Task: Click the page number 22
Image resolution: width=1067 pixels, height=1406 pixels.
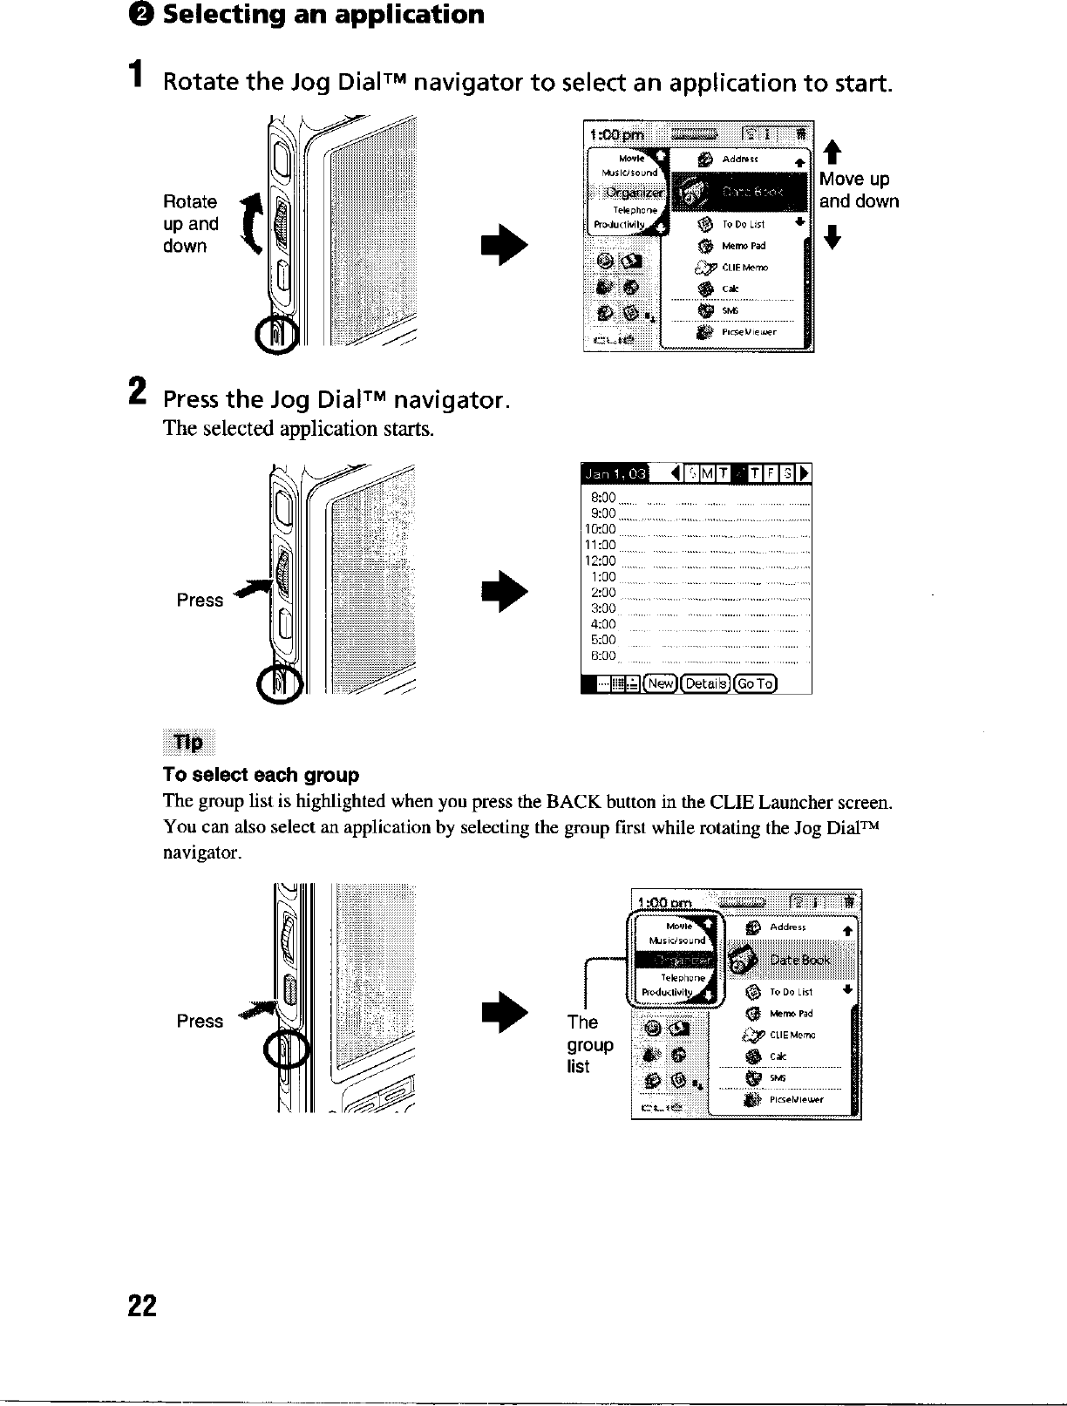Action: pos(142,1306)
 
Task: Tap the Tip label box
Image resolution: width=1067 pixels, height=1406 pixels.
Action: pos(188,743)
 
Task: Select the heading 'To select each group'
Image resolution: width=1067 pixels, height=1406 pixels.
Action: pos(261,775)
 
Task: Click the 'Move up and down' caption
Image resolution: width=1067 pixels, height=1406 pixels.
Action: pos(859,190)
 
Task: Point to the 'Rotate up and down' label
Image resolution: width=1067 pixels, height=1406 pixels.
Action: pos(190,224)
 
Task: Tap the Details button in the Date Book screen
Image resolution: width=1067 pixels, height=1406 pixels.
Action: pos(706,683)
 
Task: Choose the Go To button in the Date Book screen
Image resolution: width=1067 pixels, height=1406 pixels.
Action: pos(755,683)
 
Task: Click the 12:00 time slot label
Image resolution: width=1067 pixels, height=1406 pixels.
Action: pos(601,560)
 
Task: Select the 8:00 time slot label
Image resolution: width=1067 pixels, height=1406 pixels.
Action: pos(603,497)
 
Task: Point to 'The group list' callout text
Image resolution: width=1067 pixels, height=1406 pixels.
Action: pos(590,1044)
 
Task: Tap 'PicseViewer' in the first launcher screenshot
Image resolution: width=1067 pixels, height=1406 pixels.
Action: pos(748,331)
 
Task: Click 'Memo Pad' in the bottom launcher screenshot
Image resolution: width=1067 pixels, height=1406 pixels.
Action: pos(792,1014)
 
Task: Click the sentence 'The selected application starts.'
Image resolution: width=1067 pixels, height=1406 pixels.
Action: pos(298,429)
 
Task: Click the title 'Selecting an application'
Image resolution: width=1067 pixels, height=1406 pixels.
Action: pos(323,15)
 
